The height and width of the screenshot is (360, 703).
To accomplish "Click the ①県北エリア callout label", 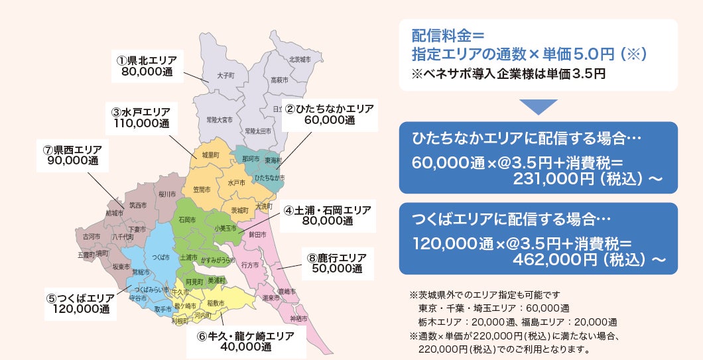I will pos(147,66).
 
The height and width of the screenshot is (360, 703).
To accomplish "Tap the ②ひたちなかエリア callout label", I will pos(330,114).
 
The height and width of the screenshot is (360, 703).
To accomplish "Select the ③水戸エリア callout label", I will pos(141,117).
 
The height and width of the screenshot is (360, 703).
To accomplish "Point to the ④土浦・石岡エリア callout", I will pos(328,215).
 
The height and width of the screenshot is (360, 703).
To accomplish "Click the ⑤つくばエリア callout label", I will pos(81,303).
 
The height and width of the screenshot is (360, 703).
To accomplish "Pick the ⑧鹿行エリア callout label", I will pos(337,263).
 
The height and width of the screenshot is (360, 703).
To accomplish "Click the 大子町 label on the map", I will pos(225,76).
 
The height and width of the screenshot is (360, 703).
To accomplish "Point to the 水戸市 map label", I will pos(237,182).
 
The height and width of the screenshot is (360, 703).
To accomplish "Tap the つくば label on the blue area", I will pos(160,257).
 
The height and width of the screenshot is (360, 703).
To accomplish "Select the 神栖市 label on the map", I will pos(299,319).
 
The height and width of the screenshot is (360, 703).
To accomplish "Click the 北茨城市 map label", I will pos(299,59).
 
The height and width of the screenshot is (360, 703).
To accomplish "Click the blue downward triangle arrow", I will pos(538,107).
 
